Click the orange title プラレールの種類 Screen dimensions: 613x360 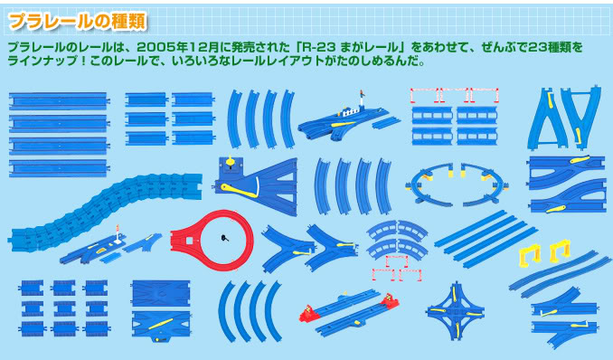pos(77,21)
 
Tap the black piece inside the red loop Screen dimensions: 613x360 pos(224,238)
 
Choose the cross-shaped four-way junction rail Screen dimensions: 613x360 pos(456,312)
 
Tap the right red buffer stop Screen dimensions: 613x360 pos(390,300)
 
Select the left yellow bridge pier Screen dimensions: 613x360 pos(529,255)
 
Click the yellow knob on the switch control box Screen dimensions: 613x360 pos(230,161)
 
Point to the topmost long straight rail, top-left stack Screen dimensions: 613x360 pos(59,101)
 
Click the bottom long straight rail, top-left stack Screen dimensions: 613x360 pos(59,168)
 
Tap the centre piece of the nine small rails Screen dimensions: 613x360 pos(64,308)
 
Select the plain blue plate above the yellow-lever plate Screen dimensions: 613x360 pos(161,293)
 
